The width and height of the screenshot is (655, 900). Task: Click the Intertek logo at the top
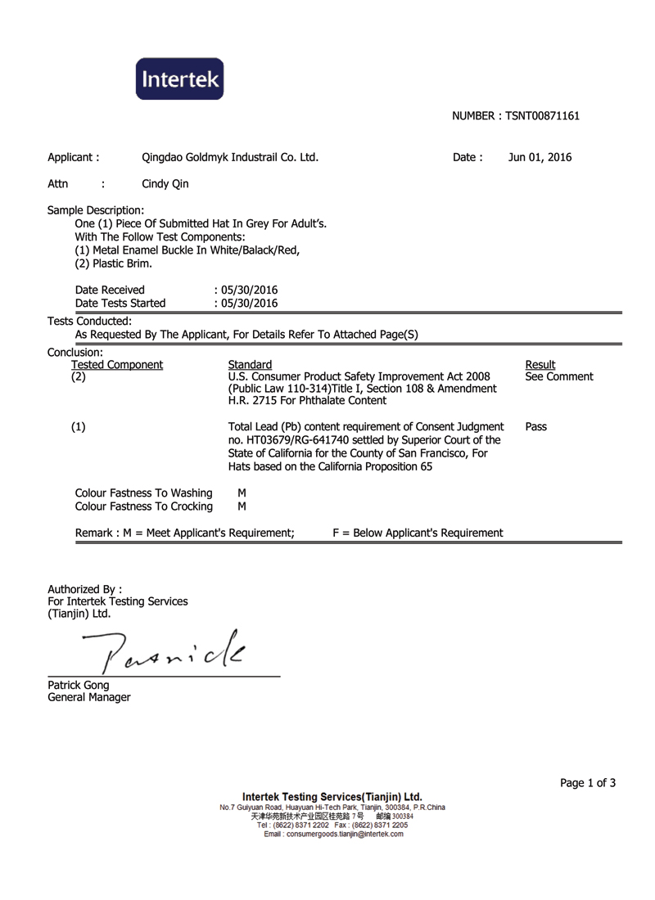point(179,79)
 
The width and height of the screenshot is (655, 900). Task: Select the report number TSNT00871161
point(542,116)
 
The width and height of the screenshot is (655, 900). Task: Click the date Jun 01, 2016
point(540,158)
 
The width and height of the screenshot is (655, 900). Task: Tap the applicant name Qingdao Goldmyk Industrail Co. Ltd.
point(230,158)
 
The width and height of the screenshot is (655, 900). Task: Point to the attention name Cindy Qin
point(165,184)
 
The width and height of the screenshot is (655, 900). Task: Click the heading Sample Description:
point(96,209)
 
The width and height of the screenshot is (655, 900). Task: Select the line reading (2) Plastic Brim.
point(112,263)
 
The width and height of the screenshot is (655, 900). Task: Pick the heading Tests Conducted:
point(89,321)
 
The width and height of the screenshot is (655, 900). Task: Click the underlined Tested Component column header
point(117,364)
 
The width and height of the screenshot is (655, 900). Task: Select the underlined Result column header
point(540,364)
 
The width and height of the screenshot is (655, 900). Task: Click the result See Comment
point(559,377)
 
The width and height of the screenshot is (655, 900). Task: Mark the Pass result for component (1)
point(536,426)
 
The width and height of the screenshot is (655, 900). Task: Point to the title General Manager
point(88,697)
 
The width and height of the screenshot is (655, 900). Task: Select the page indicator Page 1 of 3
point(588,783)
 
